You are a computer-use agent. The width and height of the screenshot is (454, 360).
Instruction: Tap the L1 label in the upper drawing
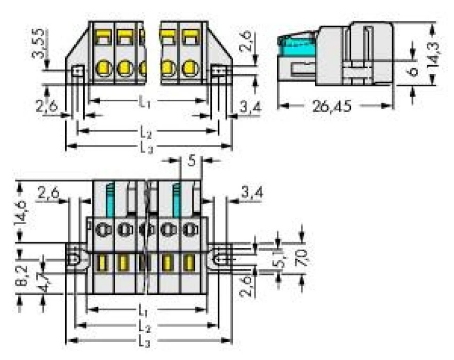[x=144, y=101]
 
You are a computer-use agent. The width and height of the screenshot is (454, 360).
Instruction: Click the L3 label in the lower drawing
[x=144, y=342]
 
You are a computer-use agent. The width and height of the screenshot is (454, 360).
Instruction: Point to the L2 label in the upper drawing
[x=144, y=131]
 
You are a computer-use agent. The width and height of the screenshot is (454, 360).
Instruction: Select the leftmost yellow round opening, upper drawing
[x=103, y=68]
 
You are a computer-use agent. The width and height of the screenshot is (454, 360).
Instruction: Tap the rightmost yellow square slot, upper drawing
[x=189, y=36]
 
